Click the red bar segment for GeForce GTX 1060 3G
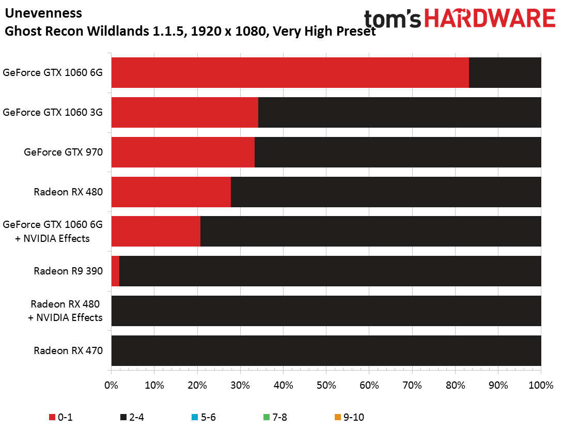pyautogui.click(x=184, y=112)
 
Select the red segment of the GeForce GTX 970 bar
pyautogui.click(x=183, y=152)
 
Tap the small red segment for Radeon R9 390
pyautogui.click(x=115, y=271)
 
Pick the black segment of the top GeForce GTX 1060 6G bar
pyautogui.click(x=505, y=72)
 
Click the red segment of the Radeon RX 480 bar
pyautogui.click(x=171, y=192)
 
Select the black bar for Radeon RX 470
pyautogui.click(x=326, y=350)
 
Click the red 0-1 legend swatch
pyautogui.click(x=52, y=417)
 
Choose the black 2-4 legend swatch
pyautogui.click(x=123, y=417)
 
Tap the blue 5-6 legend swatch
pyautogui.click(x=195, y=417)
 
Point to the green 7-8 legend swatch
pyautogui.click(x=266, y=417)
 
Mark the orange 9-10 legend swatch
pyautogui.click(x=337, y=417)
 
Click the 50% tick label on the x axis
pyautogui.click(x=326, y=385)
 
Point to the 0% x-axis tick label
pyautogui.click(x=111, y=385)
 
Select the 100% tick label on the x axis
pyautogui.click(x=541, y=385)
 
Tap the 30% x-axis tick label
pyautogui.click(x=240, y=385)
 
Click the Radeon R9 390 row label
pyautogui.click(x=68, y=271)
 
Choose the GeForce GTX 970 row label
pyautogui.click(x=63, y=152)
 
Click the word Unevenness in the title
pyautogui.click(x=43, y=13)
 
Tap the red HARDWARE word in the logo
pyautogui.click(x=490, y=18)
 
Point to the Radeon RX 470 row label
pyautogui.click(x=68, y=350)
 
